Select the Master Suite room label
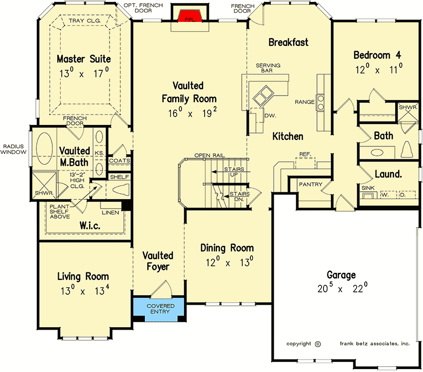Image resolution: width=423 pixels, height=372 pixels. tap(84, 59)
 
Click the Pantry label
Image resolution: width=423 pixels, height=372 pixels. tap(312, 185)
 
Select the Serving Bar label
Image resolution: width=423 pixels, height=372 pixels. tap(268, 68)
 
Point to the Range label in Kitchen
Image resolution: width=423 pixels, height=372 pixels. tap(304, 102)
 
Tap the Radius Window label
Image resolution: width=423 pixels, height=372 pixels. tap(13, 149)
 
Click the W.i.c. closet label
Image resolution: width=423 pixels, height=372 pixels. tap(90, 226)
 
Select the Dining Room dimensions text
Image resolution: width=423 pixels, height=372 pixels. tap(227, 262)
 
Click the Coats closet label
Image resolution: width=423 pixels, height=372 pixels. tap(119, 161)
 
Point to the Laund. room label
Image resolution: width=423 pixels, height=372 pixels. tap(388, 174)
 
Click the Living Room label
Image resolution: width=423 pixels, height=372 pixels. tap(83, 276)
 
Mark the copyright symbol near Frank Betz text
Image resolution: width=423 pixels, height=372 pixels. tap(318, 344)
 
